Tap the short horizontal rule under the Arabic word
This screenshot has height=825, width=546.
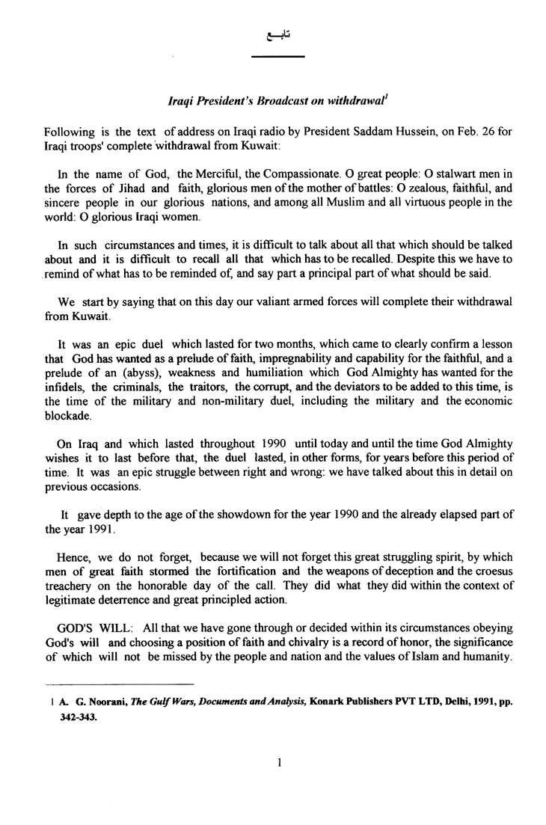277,57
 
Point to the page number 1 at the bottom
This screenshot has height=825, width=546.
278,763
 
